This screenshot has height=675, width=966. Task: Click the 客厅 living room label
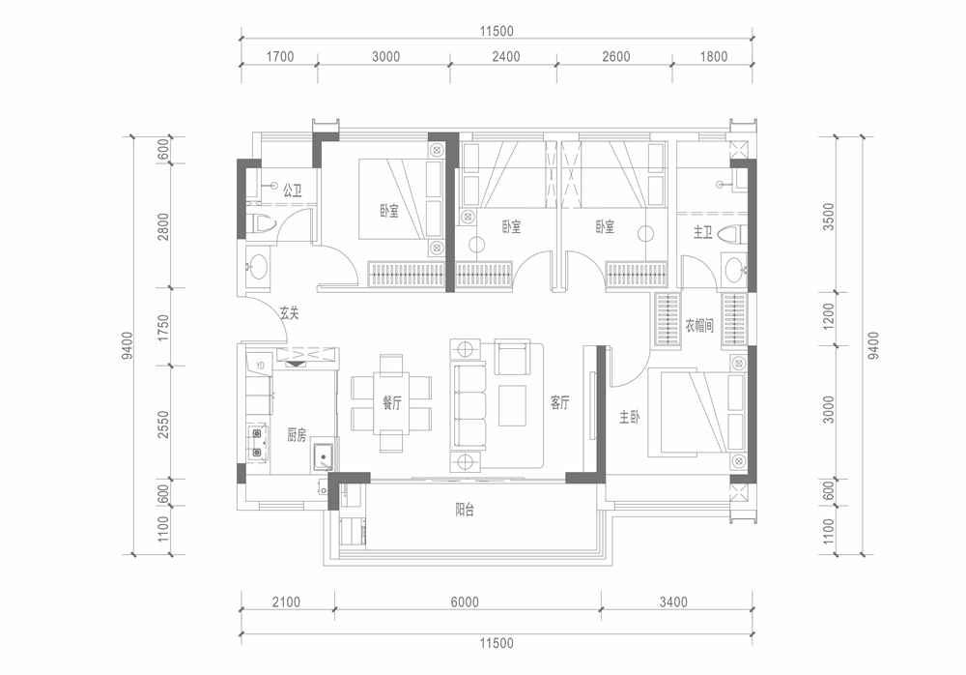[559, 403]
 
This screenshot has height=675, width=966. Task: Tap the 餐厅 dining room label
[392, 403]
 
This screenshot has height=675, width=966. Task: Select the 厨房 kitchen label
[297, 435]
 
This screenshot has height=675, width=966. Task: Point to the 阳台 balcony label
[465, 511]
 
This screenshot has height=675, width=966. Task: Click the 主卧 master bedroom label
[629, 418]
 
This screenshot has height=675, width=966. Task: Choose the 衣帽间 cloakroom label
[699, 325]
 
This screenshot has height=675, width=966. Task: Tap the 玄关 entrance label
[289, 312]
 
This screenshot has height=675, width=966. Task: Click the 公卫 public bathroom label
[292, 191]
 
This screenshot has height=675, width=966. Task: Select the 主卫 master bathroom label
[703, 233]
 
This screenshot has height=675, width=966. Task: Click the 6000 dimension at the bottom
[465, 602]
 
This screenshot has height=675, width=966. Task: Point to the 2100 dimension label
[286, 602]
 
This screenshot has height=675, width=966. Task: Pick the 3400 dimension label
[672, 602]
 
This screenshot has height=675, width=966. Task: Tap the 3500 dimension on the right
[829, 217]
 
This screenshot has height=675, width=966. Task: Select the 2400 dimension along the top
[506, 57]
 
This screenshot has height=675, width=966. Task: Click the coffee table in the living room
[512, 405]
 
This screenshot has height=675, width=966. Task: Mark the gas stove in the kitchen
[257, 443]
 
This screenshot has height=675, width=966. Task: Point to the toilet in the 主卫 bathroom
[734, 234]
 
